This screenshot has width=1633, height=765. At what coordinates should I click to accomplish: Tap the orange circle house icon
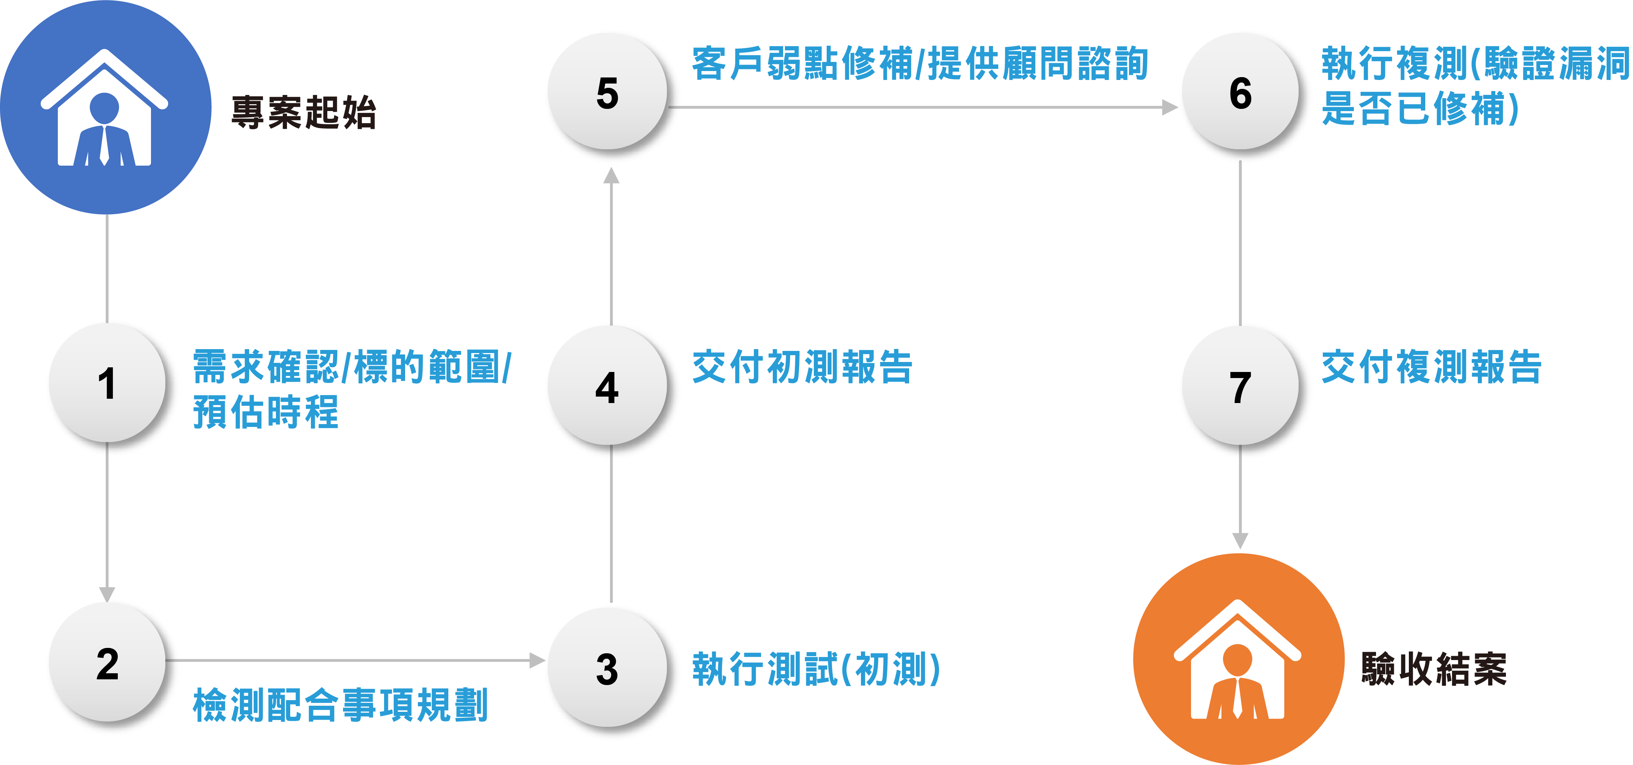1238,659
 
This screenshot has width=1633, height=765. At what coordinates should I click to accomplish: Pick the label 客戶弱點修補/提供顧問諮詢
920,64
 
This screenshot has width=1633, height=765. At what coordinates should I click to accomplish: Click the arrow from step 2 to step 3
355,660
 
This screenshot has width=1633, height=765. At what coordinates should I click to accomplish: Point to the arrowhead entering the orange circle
1240,540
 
